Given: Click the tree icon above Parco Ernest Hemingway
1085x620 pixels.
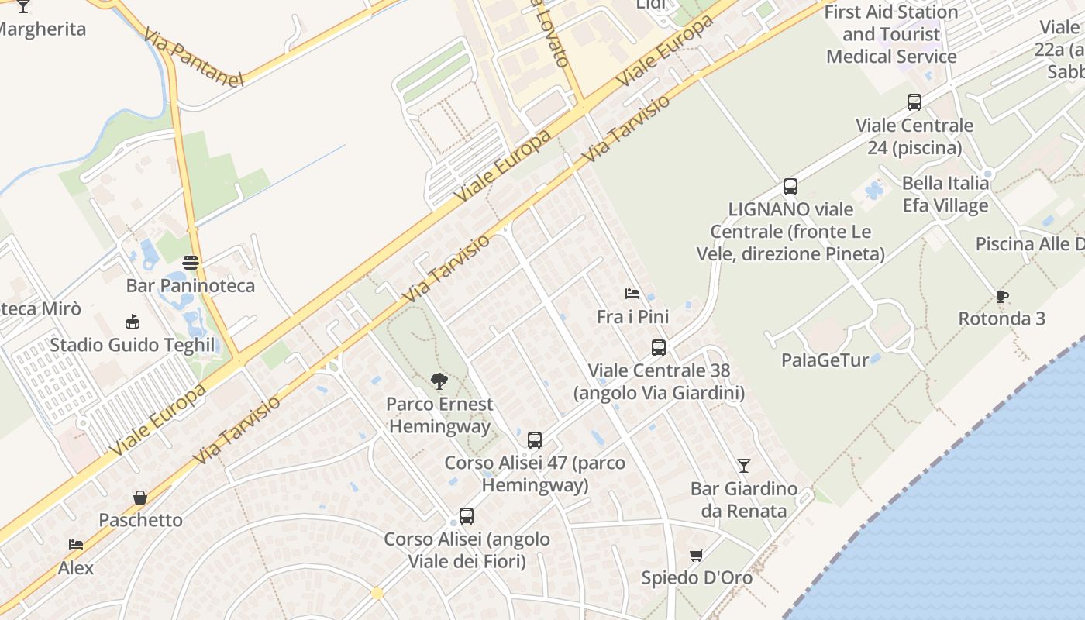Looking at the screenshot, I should point(439,381).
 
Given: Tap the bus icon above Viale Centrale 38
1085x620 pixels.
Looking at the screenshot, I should point(659,348).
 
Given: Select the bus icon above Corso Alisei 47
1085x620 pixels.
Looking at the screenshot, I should point(535,440).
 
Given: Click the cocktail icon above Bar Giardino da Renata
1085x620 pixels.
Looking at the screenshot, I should point(744,465).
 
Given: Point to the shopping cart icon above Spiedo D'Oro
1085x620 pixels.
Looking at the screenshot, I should point(696,555).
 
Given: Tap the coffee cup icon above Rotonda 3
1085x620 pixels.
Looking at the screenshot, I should point(1002,295).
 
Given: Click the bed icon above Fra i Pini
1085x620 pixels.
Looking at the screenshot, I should point(632,294).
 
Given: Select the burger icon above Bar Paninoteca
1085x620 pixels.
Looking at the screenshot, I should point(191,262).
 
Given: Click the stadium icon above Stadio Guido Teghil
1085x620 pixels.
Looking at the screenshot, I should point(133,322).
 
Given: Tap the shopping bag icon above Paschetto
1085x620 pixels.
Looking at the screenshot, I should point(140,497).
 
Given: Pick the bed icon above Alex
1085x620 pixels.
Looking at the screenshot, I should point(75,545).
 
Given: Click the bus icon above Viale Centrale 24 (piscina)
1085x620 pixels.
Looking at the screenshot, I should point(914,102).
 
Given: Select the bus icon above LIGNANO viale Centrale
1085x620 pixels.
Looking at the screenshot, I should point(790,186).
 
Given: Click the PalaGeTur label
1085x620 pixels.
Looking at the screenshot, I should point(825,360).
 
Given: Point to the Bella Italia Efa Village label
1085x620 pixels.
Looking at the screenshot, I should point(945,194).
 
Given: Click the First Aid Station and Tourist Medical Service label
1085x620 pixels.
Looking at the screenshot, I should point(891,34).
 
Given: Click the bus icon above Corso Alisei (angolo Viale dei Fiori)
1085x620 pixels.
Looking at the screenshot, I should point(467,515).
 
